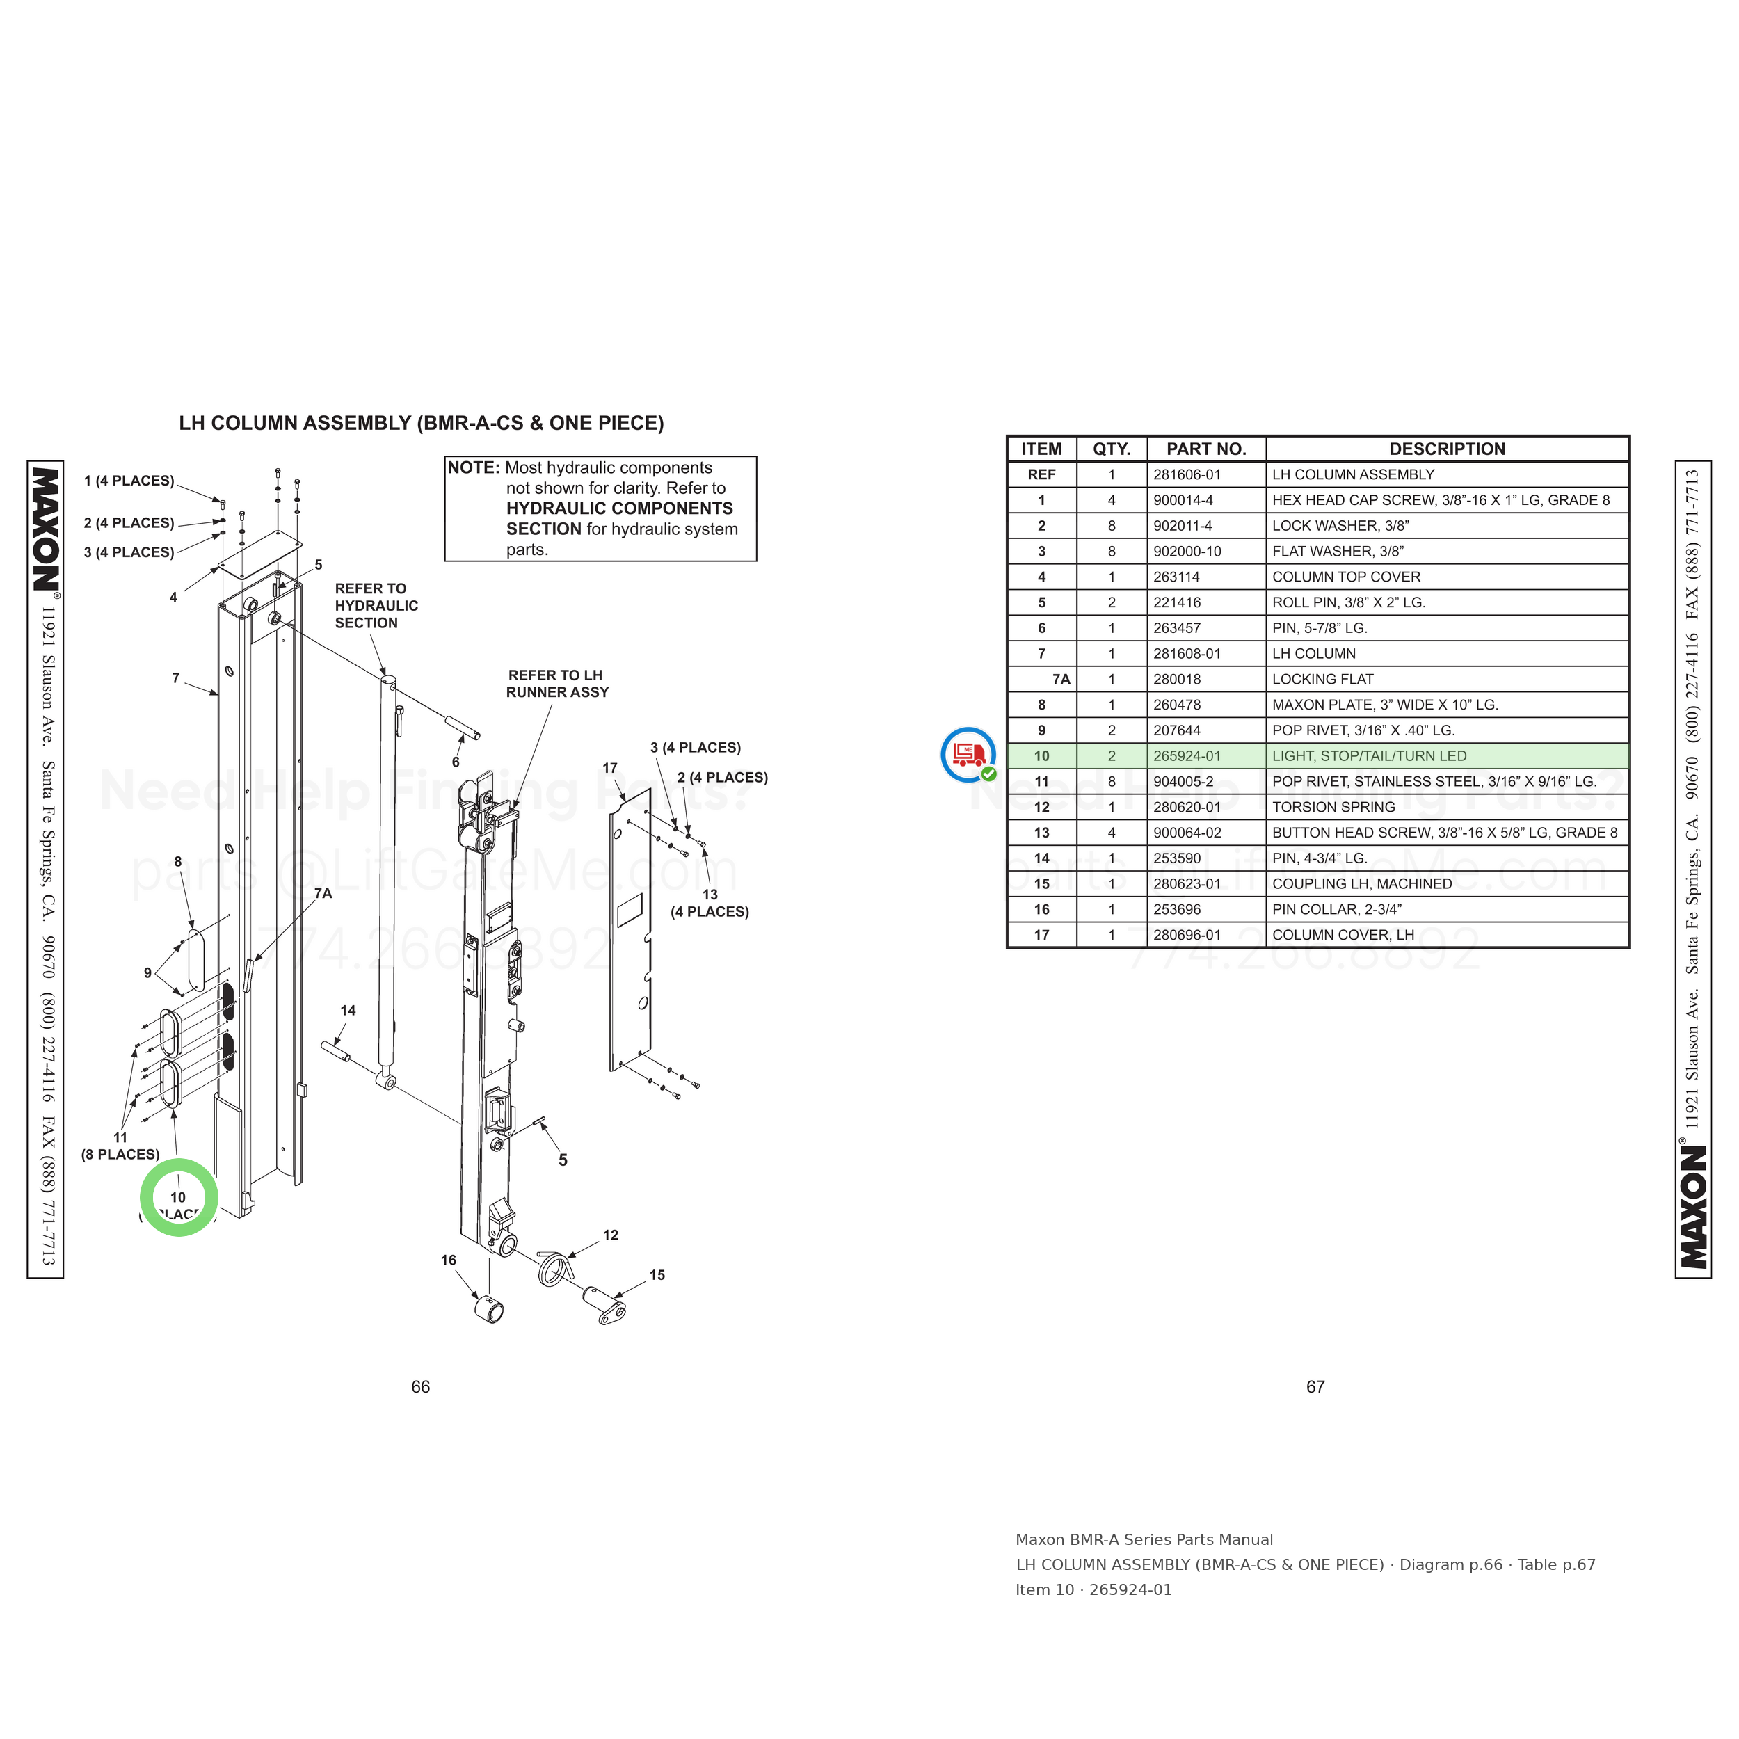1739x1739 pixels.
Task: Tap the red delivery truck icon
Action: point(968,754)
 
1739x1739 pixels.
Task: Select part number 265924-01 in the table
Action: point(1187,756)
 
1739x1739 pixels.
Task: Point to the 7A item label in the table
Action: point(1061,680)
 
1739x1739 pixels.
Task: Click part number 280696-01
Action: point(1187,935)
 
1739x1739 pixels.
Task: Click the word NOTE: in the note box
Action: point(474,468)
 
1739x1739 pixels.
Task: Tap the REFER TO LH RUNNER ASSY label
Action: point(557,684)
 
